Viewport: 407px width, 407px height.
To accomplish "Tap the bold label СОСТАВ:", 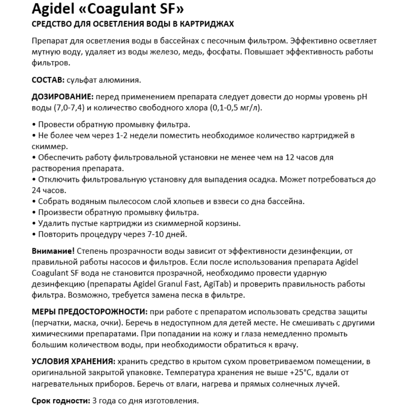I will (x=47, y=80).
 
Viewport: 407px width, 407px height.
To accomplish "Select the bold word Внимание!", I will (x=54, y=251).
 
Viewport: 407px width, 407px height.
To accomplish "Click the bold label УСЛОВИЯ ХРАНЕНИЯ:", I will (x=73, y=362).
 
